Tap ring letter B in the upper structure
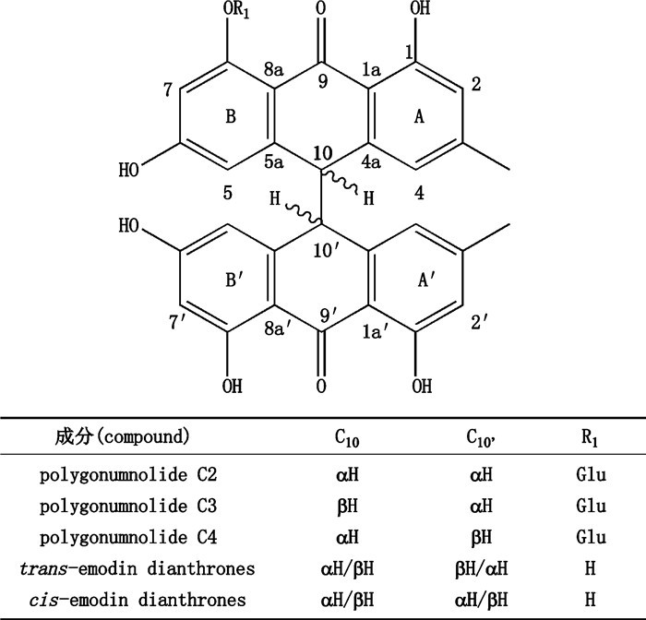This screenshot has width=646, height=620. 232,116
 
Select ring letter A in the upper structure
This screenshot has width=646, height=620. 417,116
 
